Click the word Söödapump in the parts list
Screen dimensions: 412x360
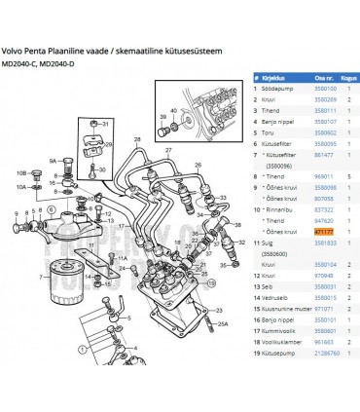[275, 88]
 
